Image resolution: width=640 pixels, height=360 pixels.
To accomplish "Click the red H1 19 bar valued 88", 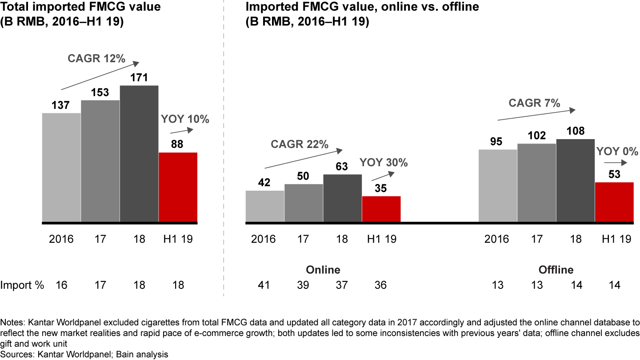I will point(178,187).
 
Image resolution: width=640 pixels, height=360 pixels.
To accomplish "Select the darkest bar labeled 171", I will point(139,153).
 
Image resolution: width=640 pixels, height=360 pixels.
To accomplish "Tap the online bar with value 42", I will point(265,206).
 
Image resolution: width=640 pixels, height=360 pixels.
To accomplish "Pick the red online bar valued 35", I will point(381,209).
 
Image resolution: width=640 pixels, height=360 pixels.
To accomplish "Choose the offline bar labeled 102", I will point(536,183).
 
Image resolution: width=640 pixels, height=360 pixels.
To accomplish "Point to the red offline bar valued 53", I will point(614,202).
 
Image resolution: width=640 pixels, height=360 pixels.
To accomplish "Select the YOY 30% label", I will point(384,163).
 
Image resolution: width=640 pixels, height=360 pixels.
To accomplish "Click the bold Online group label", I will point(323,270).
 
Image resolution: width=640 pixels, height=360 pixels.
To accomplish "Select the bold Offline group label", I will point(556,270).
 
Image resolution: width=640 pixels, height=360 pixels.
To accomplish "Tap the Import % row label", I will point(22,285).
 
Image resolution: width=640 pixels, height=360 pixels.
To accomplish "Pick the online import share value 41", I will point(265,285).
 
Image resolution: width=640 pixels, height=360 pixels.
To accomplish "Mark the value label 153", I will point(100,93).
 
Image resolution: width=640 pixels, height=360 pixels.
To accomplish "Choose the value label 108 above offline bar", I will point(576,131).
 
